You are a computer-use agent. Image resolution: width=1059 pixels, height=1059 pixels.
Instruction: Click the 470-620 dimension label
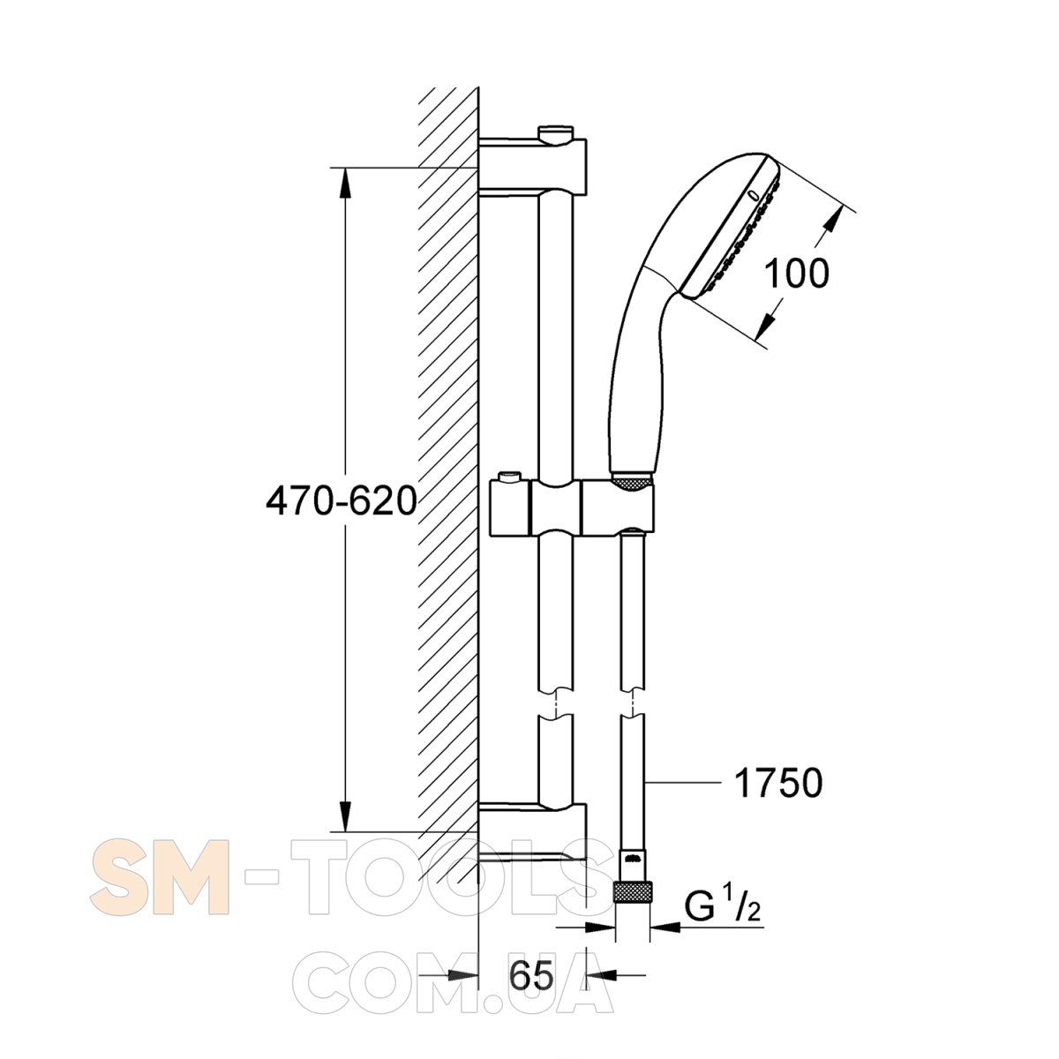pyautogui.click(x=342, y=501)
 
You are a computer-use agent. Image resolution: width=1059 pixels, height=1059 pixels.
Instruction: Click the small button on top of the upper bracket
pyautogui.click(x=556, y=134)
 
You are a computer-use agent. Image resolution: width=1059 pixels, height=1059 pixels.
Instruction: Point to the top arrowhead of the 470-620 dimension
pyautogui.click(x=344, y=183)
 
